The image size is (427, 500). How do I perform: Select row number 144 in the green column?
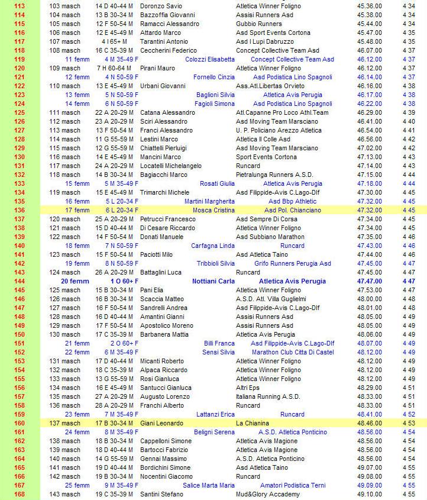click(x=19, y=281)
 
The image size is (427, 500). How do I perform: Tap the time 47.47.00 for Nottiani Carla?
click(x=370, y=281)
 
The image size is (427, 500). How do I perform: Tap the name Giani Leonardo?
click(x=161, y=423)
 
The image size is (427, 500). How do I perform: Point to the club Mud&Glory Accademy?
click(x=267, y=494)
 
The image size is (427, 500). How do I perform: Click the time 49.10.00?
click(x=370, y=494)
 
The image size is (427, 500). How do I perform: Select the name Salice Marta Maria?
click(x=209, y=485)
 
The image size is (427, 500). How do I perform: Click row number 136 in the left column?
click(x=19, y=210)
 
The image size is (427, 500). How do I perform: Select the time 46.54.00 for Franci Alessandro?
click(x=370, y=130)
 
